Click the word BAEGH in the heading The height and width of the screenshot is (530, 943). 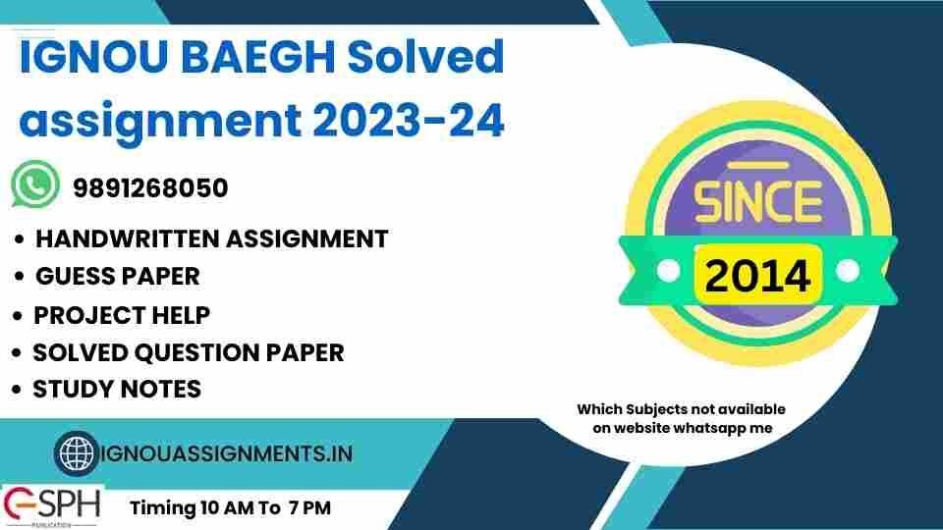coord(256,57)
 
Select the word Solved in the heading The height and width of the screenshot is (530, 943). coord(425,56)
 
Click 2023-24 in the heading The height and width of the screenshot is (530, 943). coord(409,120)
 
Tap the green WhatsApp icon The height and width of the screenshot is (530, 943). coord(35,185)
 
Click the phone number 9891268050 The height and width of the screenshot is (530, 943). coord(150,188)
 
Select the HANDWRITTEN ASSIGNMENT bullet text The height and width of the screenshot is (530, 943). coord(212,238)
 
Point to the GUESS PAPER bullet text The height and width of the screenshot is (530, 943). coord(118,277)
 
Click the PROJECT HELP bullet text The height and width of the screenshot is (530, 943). coord(122,315)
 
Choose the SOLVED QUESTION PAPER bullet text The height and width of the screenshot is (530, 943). coord(189,352)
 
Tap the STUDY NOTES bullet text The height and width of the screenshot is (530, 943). coord(117,389)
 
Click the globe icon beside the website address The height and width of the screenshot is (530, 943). coord(77,453)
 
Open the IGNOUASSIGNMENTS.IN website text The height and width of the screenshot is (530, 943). coord(227,453)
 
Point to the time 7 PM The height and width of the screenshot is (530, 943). coord(309,507)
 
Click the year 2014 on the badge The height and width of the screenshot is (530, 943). coord(757,275)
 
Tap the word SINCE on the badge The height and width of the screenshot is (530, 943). coord(757,200)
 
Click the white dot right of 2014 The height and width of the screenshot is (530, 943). coord(848,271)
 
